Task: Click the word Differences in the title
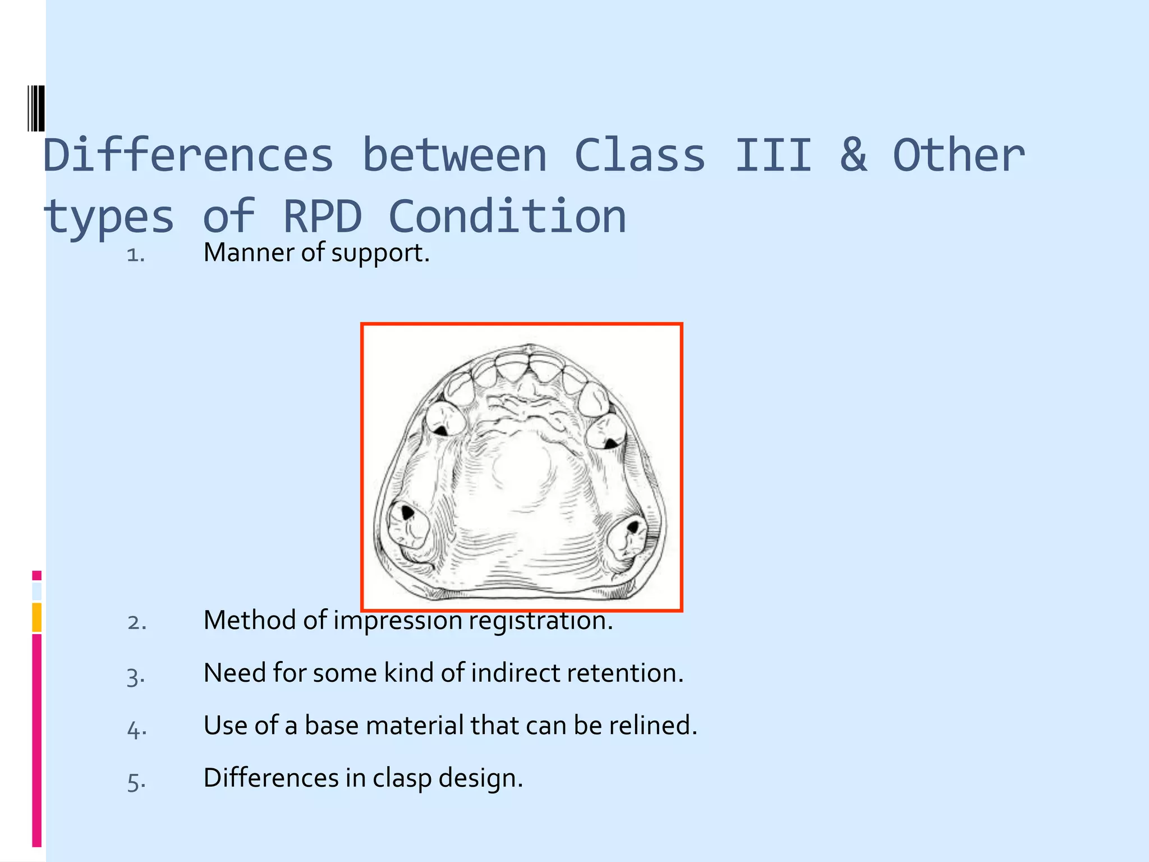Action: [189, 155]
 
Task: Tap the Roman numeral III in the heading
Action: [773, 155]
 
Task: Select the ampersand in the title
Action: [853, 155]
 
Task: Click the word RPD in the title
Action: [323, 217]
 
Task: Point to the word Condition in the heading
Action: [507, 217]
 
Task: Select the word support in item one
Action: [380, 253]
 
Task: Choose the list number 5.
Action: [136, 782]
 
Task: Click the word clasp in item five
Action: [402, 778]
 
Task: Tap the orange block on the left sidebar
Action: [36, 617]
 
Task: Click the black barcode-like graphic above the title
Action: [36, 108]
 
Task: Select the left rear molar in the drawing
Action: [408, 525]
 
